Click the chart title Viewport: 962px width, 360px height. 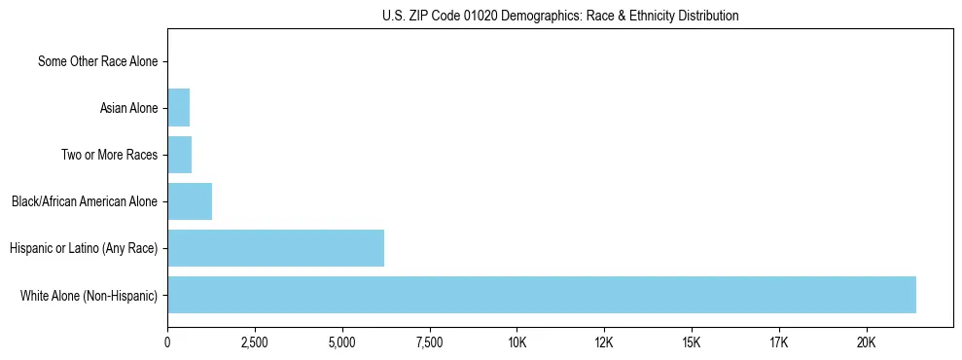[x=560, y=16]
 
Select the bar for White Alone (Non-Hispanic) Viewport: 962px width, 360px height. [x=541, y=295]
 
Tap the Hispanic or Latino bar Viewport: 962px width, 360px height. [x=275, y=248]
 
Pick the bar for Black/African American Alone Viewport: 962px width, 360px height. [x=190, y=201]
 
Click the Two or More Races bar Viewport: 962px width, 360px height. [x=179, y=155]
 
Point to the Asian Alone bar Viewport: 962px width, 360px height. [x=178, y=108]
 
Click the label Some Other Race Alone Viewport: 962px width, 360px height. [x=97, y=61]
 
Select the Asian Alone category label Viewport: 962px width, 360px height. [x=128, y=108]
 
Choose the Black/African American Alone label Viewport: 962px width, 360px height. [x=85, y=201]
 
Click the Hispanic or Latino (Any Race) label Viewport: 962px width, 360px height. [x=84, y=248]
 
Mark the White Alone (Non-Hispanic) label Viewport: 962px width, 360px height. [x=89, y=295]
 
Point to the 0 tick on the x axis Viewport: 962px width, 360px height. [x=167, y=342]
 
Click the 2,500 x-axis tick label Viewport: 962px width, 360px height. [x=255, y=342]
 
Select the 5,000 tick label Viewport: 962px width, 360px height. [x=342, y=342]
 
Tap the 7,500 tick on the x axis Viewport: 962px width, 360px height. [x=429, y=342]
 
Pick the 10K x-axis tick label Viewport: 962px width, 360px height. [x=517, y=342]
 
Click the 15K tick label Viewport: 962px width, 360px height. [x=692, y=342]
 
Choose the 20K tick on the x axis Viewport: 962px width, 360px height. [x=867, y=342]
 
